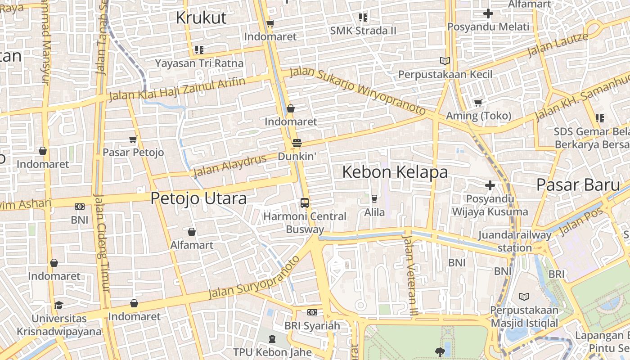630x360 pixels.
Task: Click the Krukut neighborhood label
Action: click(201, 18)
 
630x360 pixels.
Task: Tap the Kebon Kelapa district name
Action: click(395, 172)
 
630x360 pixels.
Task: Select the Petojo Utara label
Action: click(198, 198)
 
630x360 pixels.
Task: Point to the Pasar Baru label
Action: click(578, 184)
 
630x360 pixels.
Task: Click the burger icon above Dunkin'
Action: click(297, 143)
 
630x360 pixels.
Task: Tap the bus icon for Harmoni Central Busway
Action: click(305, 203)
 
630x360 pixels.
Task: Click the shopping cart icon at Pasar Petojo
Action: click(133, 139)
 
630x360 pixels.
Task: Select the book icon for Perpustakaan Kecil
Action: click(445, 61)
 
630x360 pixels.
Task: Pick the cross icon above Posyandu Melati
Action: click(488, 13)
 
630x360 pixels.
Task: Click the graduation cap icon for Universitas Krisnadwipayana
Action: click(58, 306)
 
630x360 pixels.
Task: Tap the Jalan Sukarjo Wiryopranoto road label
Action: click(358, 90)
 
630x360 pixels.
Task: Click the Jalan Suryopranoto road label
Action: click(254, 278)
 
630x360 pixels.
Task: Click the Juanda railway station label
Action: click(515, 241)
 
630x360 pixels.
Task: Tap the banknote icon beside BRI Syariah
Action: click(312, 312)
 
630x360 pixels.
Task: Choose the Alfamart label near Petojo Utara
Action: click(192, 245)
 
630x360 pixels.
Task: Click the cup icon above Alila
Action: click(374, 198)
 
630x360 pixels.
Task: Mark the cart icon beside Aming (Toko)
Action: click(478, 103)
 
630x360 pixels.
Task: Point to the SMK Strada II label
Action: click(363, 31)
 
